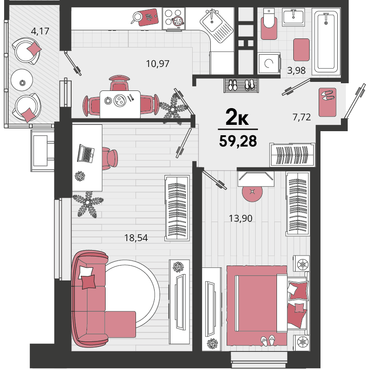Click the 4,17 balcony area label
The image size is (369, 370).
point(40,31)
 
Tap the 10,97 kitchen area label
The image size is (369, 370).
point(158,64)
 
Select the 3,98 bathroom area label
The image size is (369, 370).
point(296,70)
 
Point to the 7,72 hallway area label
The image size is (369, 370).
point(301,117)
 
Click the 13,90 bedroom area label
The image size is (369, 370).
point(241,218)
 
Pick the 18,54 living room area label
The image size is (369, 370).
point(136,238)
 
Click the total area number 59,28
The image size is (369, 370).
point(238,141)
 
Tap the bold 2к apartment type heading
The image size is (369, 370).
point(237,117)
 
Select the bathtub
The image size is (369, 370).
point(326,41)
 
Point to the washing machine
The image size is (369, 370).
point(269,63)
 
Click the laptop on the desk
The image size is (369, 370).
point(86,153)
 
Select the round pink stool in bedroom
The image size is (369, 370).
point(252,192)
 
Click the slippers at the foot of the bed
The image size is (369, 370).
point(268,341)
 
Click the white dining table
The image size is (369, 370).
point(120,104)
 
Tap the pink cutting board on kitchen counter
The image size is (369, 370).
point(148,17)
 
